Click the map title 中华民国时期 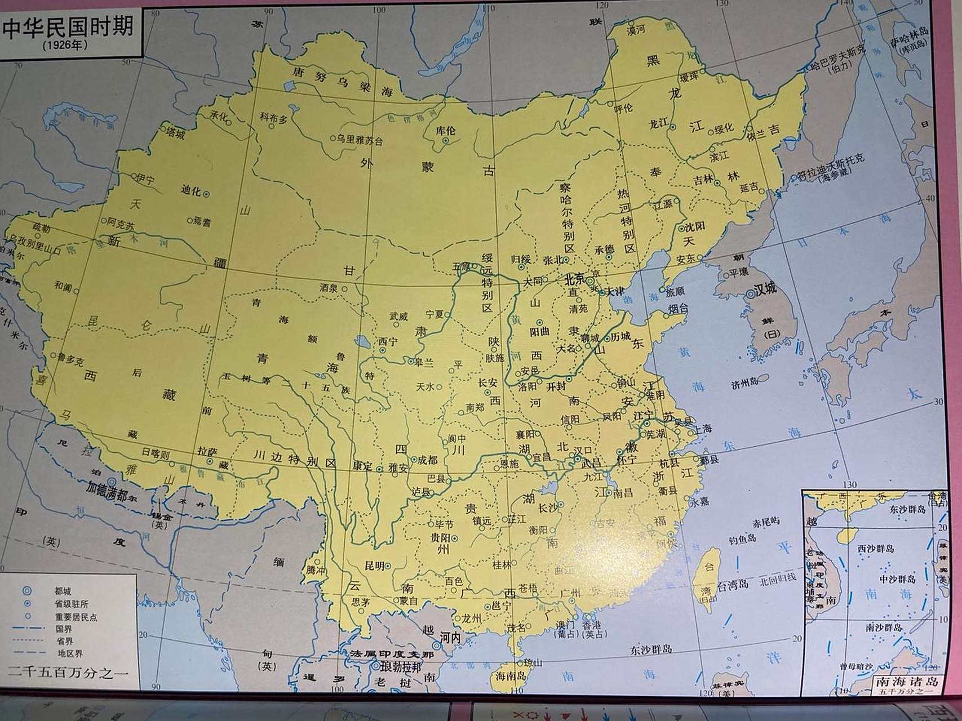[68, 26]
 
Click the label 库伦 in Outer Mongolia [445, 130]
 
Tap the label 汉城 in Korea [765, 289]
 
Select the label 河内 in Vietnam [450, 637]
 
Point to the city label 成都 [427, 460]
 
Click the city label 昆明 [374, 565]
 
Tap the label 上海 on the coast [703, 429]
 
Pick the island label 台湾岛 [732, 584]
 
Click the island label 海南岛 [510, 675]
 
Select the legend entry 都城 [63, 591]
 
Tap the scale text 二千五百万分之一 [68, 673]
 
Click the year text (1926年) [65, 45]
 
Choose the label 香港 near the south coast [591, 625]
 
